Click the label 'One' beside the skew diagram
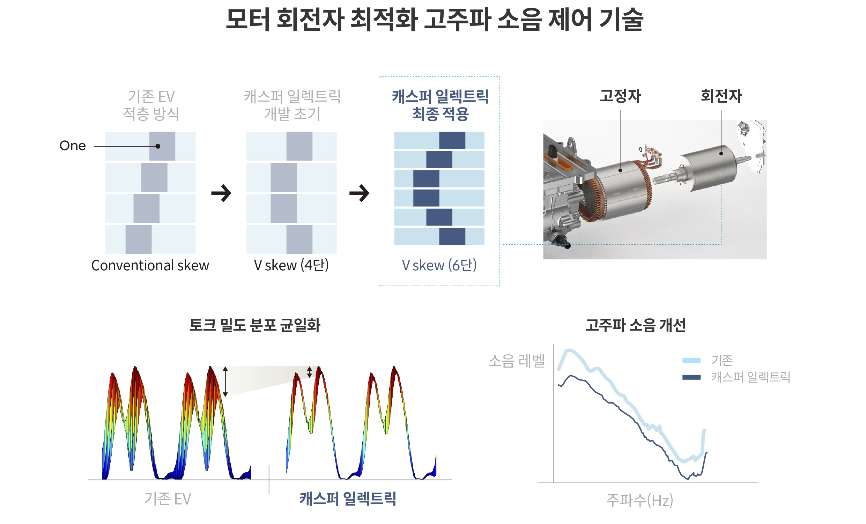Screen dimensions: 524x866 coord(72,146)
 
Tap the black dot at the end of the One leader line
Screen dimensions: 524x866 coord(158,146)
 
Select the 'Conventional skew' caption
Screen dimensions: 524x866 coord(150,266)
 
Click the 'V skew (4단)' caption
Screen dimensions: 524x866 coord(291,266)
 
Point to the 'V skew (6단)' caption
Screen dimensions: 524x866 coord(439,266)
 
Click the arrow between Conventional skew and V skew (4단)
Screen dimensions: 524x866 coord(221,193)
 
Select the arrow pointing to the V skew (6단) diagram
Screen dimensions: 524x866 coord(359,193)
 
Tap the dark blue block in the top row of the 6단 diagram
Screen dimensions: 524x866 coord(452,140)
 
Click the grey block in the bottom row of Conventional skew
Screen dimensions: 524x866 coord(139,239)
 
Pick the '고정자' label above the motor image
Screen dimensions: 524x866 coord(620,96)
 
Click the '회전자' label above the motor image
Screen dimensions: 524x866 coord(721,96)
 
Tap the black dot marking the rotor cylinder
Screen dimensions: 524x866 coord(721,154)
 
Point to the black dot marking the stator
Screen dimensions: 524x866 coord(620,170)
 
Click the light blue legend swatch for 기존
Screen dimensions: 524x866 coord(691,360)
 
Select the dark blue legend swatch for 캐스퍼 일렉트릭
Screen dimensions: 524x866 coord(691,377)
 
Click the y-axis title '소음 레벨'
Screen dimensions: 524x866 coord(517,361)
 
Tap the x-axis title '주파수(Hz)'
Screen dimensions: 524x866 coord(640,501)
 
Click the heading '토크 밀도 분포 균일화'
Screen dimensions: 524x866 coord(255,325)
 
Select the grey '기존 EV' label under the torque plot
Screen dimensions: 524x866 coord(168,499)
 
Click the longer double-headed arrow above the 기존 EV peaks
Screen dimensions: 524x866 coord(225,381)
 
